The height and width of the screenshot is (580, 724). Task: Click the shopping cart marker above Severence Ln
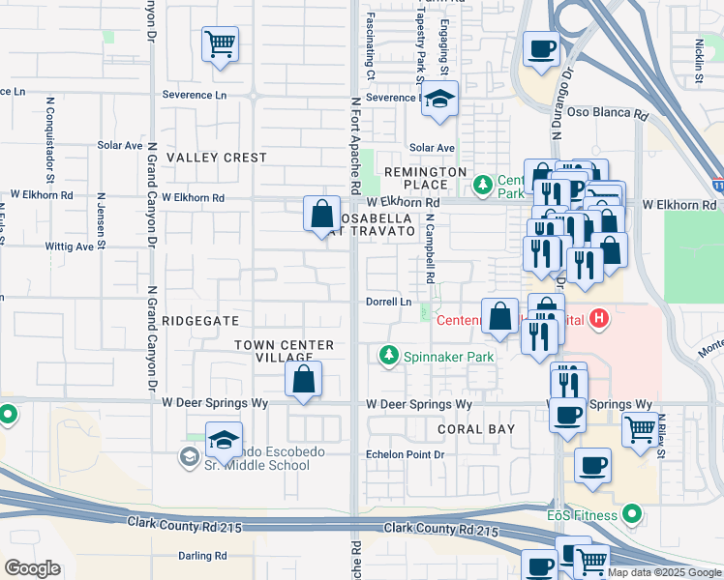point(221,43)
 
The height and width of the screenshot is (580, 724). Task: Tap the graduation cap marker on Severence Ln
point(439,100)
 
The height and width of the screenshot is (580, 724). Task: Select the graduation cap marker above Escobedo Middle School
point(223,441)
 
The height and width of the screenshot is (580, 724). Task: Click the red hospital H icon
point(600,318)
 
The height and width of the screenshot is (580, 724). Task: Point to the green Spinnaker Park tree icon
point(389,357)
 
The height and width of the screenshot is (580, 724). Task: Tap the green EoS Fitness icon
point(632,514)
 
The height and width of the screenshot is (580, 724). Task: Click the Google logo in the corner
point(32,568)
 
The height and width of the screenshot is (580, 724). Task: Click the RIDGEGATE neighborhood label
point(200,320)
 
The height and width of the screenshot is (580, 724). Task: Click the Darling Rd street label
point(202,556)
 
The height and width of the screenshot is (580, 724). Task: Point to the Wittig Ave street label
point(70,246)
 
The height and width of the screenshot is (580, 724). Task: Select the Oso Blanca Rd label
point(614,113)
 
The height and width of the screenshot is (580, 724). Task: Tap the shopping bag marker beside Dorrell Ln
point(499,317)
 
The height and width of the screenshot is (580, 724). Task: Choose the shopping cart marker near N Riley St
point(639,430)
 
